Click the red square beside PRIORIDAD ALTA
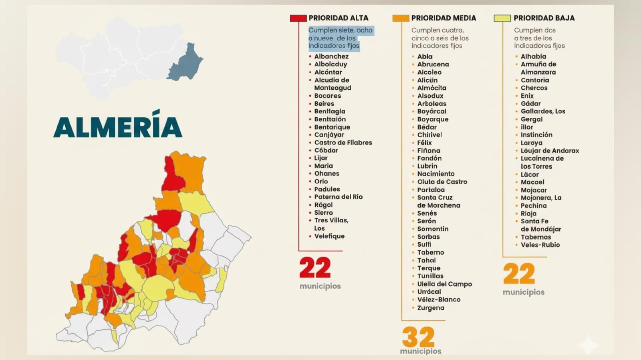(298, 18)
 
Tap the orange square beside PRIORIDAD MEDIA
(401, 18)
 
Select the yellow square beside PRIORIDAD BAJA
(502, 18)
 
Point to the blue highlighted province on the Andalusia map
(185, 64)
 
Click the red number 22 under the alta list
(315, 268)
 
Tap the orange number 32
(418, 337)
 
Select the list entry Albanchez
(331, 56)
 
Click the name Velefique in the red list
(329, 236)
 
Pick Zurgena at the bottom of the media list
(430, 308)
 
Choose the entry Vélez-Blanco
(439, 300)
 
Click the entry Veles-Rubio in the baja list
(540, 245)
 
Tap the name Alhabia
(533, 56)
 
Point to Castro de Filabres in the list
(343, 143)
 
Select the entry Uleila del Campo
(444, 284)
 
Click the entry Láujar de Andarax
(550, 151)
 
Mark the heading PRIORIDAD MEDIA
(443, 18)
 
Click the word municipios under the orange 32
(421, 351)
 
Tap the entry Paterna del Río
(338, 197)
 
